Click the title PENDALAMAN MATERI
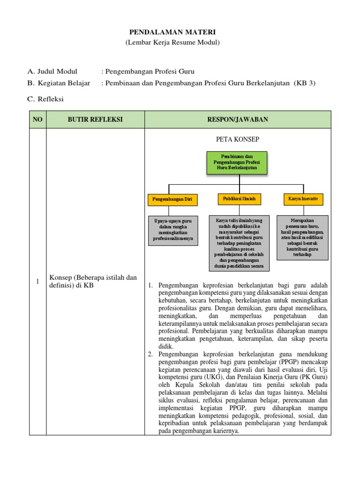tap(172, 32)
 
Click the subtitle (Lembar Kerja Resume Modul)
tap(172, 43)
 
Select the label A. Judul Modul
tap(52, 72)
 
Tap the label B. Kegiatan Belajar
tap(59, 83)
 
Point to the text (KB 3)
tap(305, 83)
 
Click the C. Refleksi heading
tap(45, 99)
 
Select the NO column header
tap(37, 120)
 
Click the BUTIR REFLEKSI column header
tap(95, 120)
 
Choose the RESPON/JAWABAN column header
tap(238, 120)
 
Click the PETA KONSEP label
tap(238, 140)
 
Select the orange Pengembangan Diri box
tap(172, 200)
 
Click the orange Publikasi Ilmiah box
tap(239, 199)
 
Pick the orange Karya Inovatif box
tap(303, 199)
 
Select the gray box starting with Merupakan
tap(303, 237)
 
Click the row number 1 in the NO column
tap(37, 281)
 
